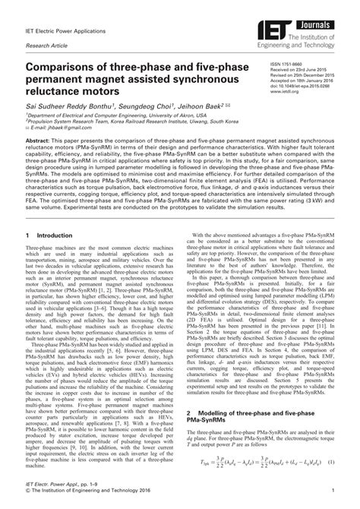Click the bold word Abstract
point(39,141)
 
